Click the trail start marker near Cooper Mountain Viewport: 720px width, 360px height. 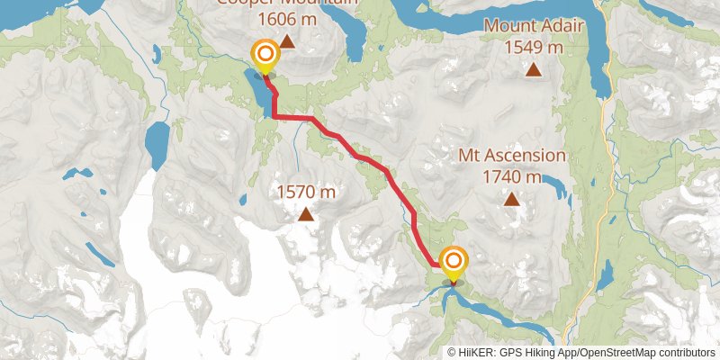point(265,56)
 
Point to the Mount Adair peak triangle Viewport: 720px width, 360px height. point(534,68)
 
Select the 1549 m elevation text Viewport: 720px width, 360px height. point(534,47)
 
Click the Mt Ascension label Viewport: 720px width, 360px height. point(512,155)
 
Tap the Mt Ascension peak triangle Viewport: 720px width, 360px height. point(512,199)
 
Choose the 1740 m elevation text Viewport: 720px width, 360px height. point(512,176)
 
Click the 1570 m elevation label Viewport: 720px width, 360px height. point(306,191)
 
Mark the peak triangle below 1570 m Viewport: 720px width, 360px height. point(306,213)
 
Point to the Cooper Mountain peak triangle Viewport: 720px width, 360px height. point(286,40)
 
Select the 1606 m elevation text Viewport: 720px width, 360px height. point(286,18)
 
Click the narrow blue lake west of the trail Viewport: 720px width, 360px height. point(157,144)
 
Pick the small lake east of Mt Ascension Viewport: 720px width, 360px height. point(556,187)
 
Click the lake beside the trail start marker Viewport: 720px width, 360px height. point(255,90)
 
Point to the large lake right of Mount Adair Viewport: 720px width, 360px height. point(598,63)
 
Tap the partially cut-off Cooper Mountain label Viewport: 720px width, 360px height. point(286,3)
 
